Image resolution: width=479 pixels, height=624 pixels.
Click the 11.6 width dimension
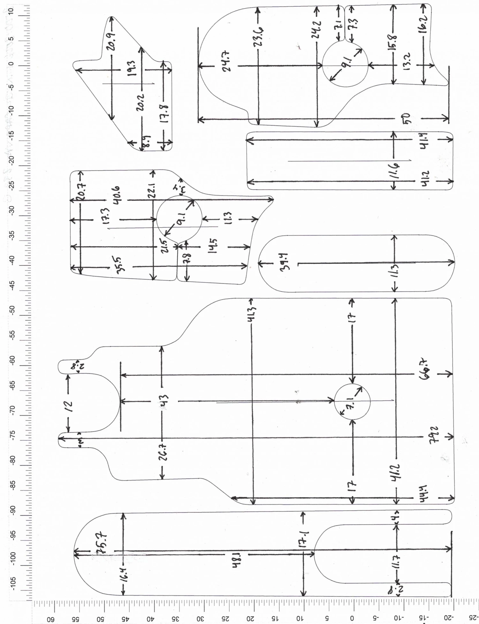[x=395, y=171]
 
